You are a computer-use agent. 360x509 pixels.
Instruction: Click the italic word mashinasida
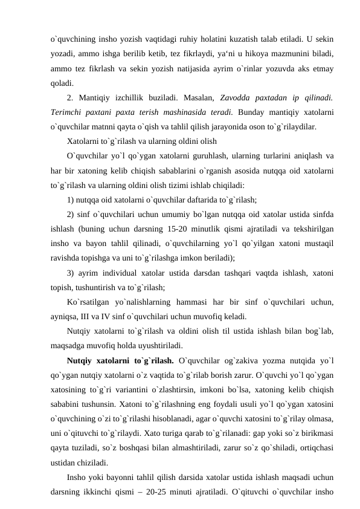[202, 112]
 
